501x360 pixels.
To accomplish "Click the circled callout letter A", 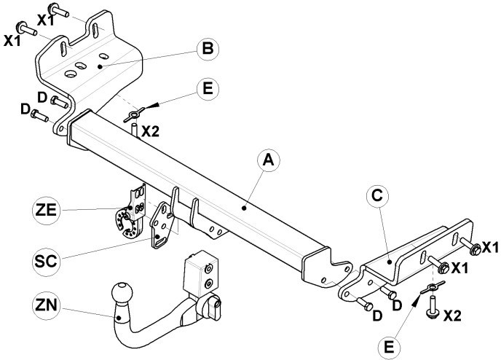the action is [x=269, y=160].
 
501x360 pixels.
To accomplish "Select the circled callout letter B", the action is [x=208, y=49].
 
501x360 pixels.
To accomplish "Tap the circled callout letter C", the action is [x=377, y=195].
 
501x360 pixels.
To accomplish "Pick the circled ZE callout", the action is [x=46, y=210].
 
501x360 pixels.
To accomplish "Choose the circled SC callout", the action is [x=46, y=261].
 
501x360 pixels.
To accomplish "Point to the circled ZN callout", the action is [x=46, y=305].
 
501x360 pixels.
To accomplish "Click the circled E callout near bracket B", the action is [x=208, y=89].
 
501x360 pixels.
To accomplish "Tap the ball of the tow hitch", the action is [x=122, y=292].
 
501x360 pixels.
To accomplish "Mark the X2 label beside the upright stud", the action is [x=150, y=131].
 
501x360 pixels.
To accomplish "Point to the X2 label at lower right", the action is [x=453, y=316].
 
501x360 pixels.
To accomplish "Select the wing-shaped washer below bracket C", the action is [x=433, y=287].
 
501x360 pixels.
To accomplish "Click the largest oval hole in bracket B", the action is [x=71, y=74].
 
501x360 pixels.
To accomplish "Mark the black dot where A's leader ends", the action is [x=244, y=208].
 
